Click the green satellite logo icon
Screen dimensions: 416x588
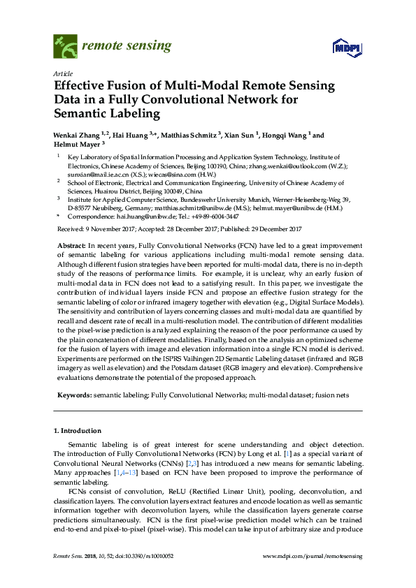click(64, 47)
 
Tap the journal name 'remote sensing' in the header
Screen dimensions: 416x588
click(127, 46)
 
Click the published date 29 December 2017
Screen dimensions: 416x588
click(275, 228)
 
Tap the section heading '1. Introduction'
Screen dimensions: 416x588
click(80, 430)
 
